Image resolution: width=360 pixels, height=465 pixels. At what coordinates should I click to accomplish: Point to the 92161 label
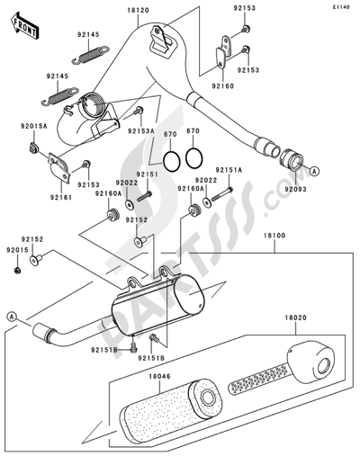(x=61, y=196)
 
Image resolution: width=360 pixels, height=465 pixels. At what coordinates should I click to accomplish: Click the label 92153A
(x=139, y=132)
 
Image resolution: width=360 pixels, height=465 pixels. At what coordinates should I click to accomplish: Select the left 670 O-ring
(x=157, y=158)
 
